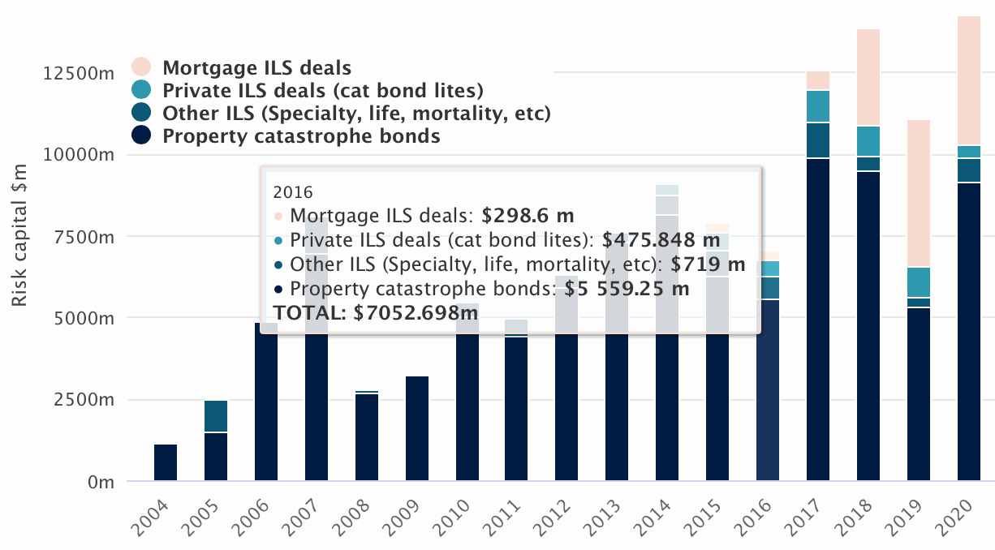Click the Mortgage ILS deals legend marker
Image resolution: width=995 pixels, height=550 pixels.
(141, 67)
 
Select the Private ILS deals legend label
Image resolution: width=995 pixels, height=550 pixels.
(323, 90)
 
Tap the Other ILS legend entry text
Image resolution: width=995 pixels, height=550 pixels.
(356, 113)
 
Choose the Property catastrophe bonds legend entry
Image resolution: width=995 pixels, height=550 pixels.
(301, 135)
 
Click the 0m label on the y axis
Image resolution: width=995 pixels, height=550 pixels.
(98, 482)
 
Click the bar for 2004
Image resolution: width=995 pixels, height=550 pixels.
(166, 462)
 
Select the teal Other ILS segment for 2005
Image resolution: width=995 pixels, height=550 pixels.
(216, 416)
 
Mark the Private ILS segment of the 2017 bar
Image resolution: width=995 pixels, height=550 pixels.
(818, 106)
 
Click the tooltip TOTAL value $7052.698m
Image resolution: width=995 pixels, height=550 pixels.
(416, 312)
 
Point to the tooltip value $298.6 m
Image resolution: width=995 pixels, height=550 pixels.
(528, 216)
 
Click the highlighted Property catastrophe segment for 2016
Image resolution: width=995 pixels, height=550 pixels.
(768, 389)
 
